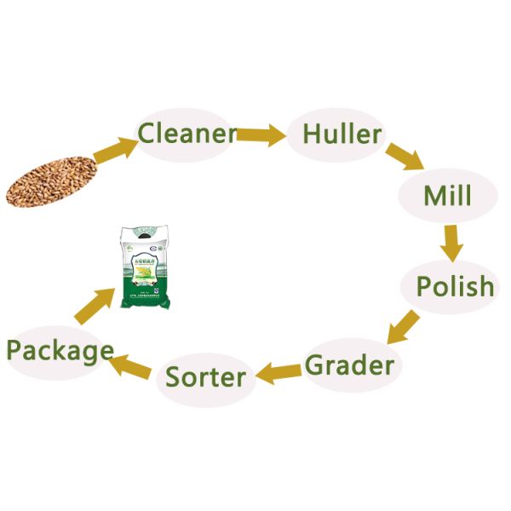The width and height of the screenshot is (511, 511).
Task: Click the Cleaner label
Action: click(x=187, y=134)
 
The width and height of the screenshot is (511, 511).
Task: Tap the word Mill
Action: click(x=447, y=196)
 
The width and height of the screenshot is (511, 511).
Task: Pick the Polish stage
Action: click(x=455, y=286)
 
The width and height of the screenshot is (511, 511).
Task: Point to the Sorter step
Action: click(x=206, y=376)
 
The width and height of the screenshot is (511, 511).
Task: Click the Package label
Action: click(x=60, y=350)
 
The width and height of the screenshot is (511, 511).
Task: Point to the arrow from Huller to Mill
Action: click(x=405, y=160)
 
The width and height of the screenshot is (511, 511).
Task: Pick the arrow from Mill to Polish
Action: click(x=451, y=242)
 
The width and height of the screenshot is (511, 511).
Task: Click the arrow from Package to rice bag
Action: click(x=95, y=304)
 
